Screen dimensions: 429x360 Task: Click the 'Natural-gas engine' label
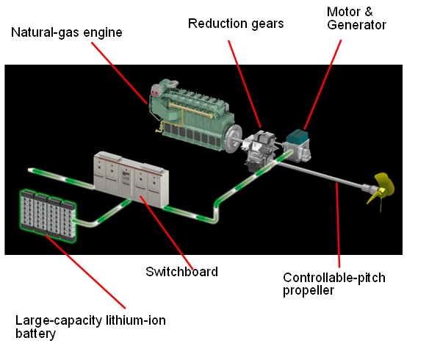(x=67, y=32)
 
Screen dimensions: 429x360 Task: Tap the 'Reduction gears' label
(x=236, y=24)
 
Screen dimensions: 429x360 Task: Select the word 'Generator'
(x=356, y=25)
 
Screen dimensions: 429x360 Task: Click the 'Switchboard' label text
(x=181, y=272)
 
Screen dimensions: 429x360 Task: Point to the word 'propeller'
(x=309, y=290)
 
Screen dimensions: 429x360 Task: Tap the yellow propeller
(x=381, y=190)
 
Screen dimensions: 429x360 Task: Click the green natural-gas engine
(x=192, y=115)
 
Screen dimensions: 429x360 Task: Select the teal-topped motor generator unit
(x=297, y=145)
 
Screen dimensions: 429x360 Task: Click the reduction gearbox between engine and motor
(x=260, y=150)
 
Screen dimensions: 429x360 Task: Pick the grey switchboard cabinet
(x=131, y=179)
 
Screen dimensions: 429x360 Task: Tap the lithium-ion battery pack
(x=48, y=215)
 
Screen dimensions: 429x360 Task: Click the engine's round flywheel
(x=233, y=138)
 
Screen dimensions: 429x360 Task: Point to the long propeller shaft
(x=320, y=175)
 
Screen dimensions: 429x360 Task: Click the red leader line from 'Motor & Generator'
(x=322, y=84)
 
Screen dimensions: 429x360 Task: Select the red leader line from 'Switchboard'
(x=166, y=232)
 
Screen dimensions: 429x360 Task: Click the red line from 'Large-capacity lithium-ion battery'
(x=85, y=272)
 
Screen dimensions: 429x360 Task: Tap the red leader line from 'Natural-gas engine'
(x=120, y=73)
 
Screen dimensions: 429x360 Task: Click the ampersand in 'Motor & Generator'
(x=369, y=12)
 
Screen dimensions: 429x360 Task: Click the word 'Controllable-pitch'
(x=334, y=278)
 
